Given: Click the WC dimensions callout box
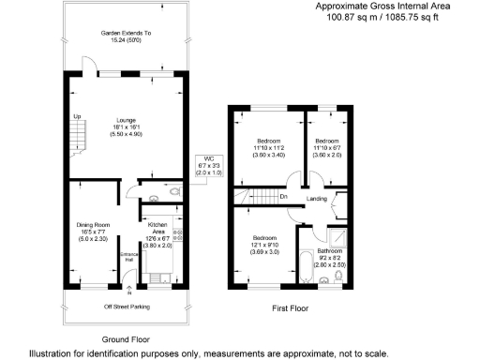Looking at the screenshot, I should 208,166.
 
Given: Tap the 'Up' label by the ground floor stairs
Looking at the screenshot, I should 77,117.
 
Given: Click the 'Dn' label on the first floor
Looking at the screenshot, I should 282,197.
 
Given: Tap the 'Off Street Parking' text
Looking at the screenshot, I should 127,306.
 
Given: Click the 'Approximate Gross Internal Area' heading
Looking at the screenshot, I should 386,7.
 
